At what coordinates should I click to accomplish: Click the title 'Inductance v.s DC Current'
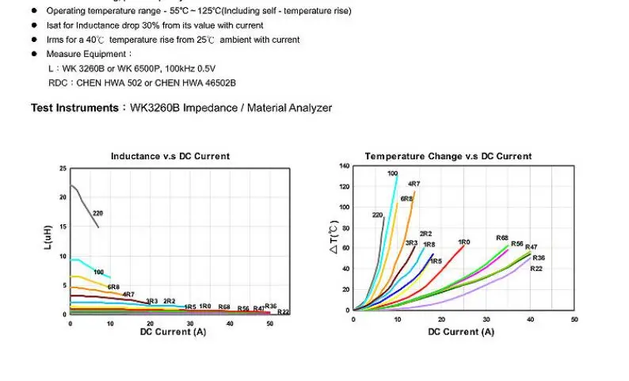click(x=170, y=156)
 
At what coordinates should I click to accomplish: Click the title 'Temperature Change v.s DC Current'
click(x=448, y=156)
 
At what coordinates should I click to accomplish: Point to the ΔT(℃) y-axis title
click(x=334, y=238)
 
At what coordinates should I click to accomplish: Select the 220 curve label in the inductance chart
click(x=97, y=213)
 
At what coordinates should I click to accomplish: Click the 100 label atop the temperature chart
click(x=392, y=173)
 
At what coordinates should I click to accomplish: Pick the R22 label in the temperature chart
click(x=536, y=269)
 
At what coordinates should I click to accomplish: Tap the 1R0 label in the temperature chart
click(x=463, y=242)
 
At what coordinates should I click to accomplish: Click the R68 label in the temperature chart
click(x=502, y=238)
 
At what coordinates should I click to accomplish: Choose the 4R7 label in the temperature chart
click(x=414, y=184)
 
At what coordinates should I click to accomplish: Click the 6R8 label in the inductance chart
click(x=113, y=287)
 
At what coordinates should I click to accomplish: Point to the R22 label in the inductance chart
click(x=284, y=311)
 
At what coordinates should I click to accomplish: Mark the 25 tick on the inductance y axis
click(x=63, y=169)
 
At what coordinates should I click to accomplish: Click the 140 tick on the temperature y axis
click(x=344, y=166)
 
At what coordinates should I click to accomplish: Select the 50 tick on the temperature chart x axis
click(x=574, y=318)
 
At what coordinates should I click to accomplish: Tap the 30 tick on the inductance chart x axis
click(x=190, y=323)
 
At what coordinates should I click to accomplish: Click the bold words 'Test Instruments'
click(x=74, y=108)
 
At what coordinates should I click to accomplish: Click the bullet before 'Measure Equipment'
click(x=34, y=54)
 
